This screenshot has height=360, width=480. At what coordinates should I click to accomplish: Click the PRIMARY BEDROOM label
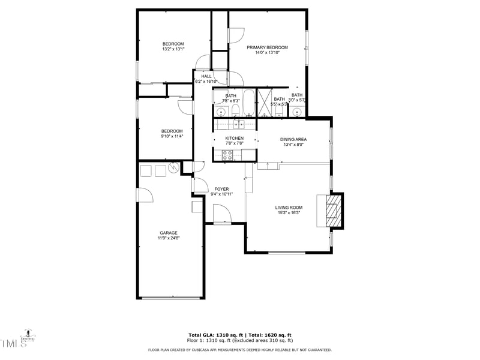tap(268, 47)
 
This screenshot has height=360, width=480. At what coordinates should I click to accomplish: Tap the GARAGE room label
tap(168, 233)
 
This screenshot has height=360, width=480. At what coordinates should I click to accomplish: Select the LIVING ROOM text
tap(289, 208)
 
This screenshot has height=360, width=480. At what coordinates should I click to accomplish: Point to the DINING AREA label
tap(293, 139)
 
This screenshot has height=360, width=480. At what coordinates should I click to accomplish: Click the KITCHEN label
tap(234, 138)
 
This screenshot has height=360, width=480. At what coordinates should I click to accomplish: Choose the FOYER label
tap(221, 189)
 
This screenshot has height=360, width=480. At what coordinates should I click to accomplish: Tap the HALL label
tap(206, 76)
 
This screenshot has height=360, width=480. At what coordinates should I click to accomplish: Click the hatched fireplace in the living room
tap(332, 211)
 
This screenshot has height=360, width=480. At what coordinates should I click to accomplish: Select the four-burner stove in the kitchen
tap(228, 155)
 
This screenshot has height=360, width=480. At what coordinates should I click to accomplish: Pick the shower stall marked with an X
tap(264, 102)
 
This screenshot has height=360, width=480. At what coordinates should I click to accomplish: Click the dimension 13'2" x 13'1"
tap(173, 49)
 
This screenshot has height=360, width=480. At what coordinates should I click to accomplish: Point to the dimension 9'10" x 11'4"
tap(172, 136)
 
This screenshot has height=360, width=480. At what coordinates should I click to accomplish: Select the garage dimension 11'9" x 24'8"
tap(168, 238)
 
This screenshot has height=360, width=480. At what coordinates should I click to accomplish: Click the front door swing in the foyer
tap(221, 214)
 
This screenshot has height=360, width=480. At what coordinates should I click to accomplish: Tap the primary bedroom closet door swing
tap(236, 36)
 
